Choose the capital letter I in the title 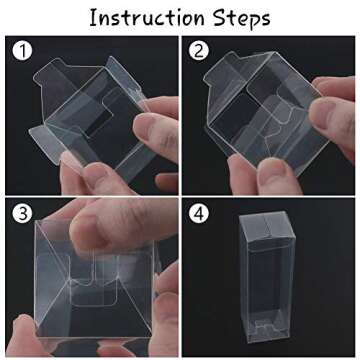pos(94,18)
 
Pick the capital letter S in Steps pos(213,18)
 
